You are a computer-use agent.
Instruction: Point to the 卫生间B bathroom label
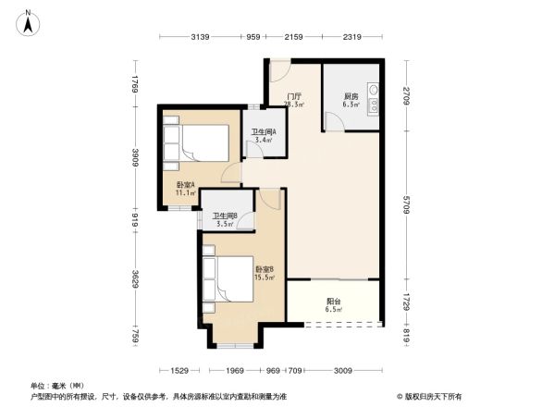pos(225,219)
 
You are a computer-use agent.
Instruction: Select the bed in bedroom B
pos(232,275)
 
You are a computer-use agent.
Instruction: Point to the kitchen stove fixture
pos(373,98)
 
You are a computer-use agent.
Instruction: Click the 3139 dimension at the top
pos(203,38)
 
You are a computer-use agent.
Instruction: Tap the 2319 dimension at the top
pos(351,38)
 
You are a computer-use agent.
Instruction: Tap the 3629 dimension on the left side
pos(136,279)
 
